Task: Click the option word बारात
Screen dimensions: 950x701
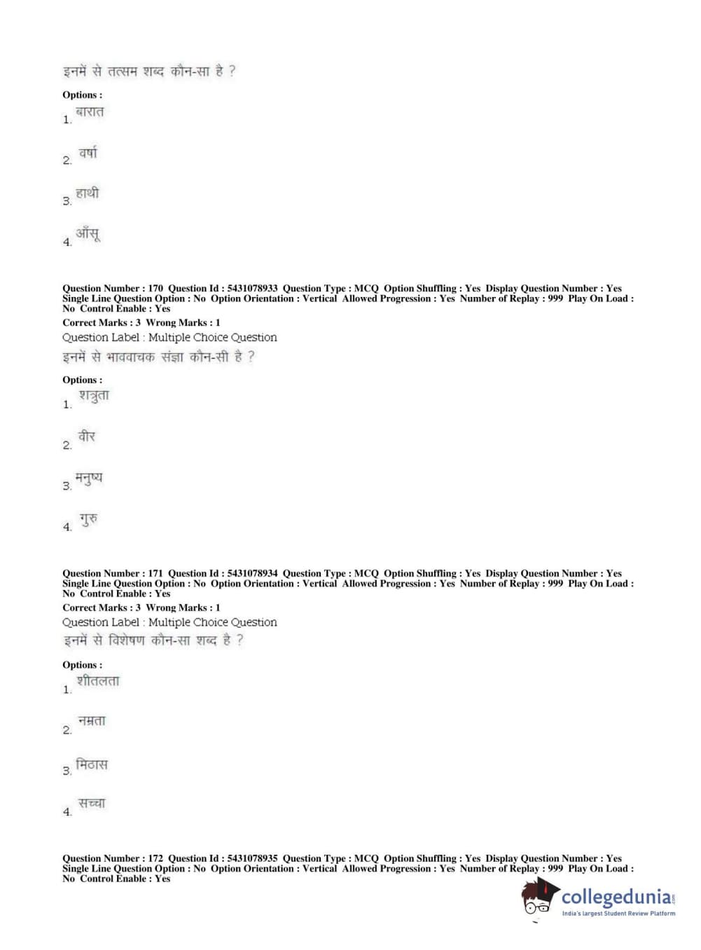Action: (90, 112)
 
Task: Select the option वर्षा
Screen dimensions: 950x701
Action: (88, 153)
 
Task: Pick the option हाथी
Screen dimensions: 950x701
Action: (88, 193)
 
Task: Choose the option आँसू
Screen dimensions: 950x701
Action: (88, 233)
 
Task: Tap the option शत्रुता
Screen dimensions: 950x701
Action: (94, 397)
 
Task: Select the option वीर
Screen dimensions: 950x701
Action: (87, 437)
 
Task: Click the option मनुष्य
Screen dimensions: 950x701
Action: (89, 479)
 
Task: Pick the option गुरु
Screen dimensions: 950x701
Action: (88, 519)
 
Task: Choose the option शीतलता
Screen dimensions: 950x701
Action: (98, 681)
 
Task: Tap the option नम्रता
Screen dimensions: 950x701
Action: (92, 721)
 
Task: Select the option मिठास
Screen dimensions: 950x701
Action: (92, 764)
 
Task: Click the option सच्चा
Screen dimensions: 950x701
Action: (92, 804)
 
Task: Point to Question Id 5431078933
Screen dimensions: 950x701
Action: (252, 288)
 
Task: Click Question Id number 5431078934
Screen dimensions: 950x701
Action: (252, 573)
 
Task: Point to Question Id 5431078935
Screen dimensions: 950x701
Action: (252, 858)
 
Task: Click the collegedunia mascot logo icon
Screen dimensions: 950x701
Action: (539, 897)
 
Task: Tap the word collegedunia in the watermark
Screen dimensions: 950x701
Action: (616, 897)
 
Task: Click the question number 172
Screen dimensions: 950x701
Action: (155, 858)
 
